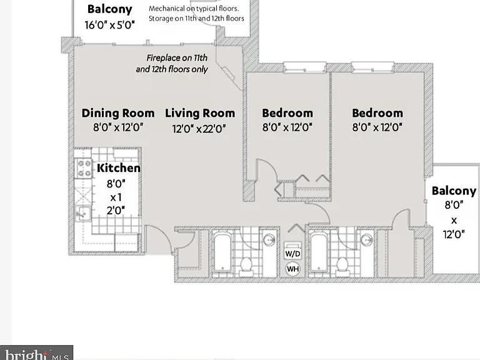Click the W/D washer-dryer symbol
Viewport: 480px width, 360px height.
pyautogui.click(x=292, y=251)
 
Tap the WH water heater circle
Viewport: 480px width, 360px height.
pyautogui.click(x=292, y=269)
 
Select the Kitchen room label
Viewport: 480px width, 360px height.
pyautogui.click(x=119, y=168)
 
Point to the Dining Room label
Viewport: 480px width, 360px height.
pyautogui.click(x=118, y=113)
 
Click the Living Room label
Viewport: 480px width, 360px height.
pyautogui.click(x=200, y=113)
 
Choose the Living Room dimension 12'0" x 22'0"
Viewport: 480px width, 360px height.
pyautogui.click(x=199, y=129)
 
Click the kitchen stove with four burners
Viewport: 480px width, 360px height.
pyautogui.click(x=84, y=168)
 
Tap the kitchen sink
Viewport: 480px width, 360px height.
pyautogui.click(x=83, y=212)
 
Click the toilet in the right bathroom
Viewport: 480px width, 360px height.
pyautogui.click(x=342, y=266)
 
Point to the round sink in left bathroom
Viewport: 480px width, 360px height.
pyautogui.click(x=269, y=240)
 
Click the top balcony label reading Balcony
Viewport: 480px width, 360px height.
pyautogui.click(x=109, y=9)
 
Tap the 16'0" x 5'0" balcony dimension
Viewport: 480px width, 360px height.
pyautogui.click(x=110, y=25)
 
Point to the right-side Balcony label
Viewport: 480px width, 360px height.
pyautogui.click(x=454, y=191)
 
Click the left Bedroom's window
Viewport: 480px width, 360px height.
pyautogui.click(x=304, y=67)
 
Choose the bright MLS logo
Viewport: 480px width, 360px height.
pyautogui.click(x=36, y=354)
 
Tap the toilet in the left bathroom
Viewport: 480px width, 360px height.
pyautogui.click(x=246, y=266)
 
